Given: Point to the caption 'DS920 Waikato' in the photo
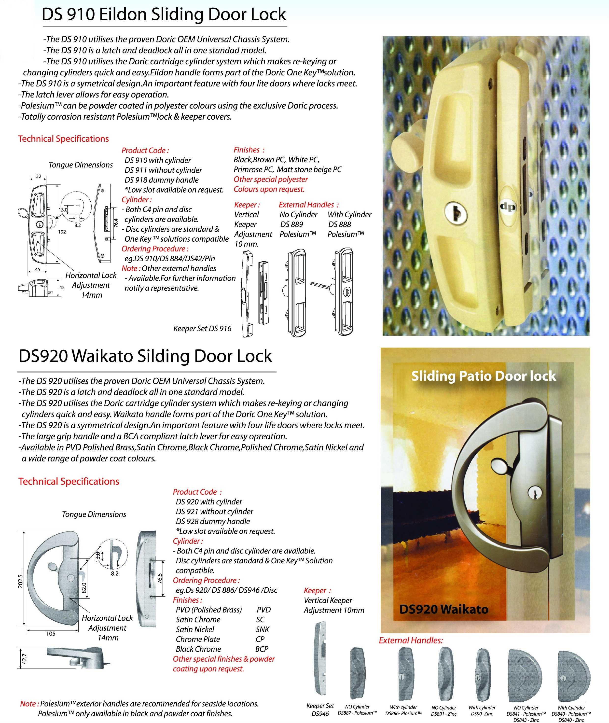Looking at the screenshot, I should pyautogui.click(x=444, y=609).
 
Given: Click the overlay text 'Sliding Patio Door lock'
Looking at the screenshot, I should pyautogui.click(x=483, y=376).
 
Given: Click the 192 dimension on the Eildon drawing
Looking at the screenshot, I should pyautogui.click(x=62, y=232).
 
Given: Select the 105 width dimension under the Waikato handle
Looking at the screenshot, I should pyautogui.click(x=51, y=634).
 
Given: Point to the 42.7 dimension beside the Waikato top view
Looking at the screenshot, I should pyautogui.click(x=24, y=658).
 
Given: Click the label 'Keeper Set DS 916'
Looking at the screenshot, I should pyautogui.click(x=202, y=329).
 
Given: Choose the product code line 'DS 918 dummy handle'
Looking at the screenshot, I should pyautogui.click(x=162, y=180).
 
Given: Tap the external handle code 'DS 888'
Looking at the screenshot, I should pyautogui.click(x=340, y=224).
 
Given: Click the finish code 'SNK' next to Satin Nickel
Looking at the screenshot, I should pyautogui.click(x=262, y=629).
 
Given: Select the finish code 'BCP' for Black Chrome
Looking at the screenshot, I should pyautogui.click(x=262, y=649).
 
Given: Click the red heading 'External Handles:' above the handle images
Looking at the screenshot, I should pyautogui.click(x=411, y=640).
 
